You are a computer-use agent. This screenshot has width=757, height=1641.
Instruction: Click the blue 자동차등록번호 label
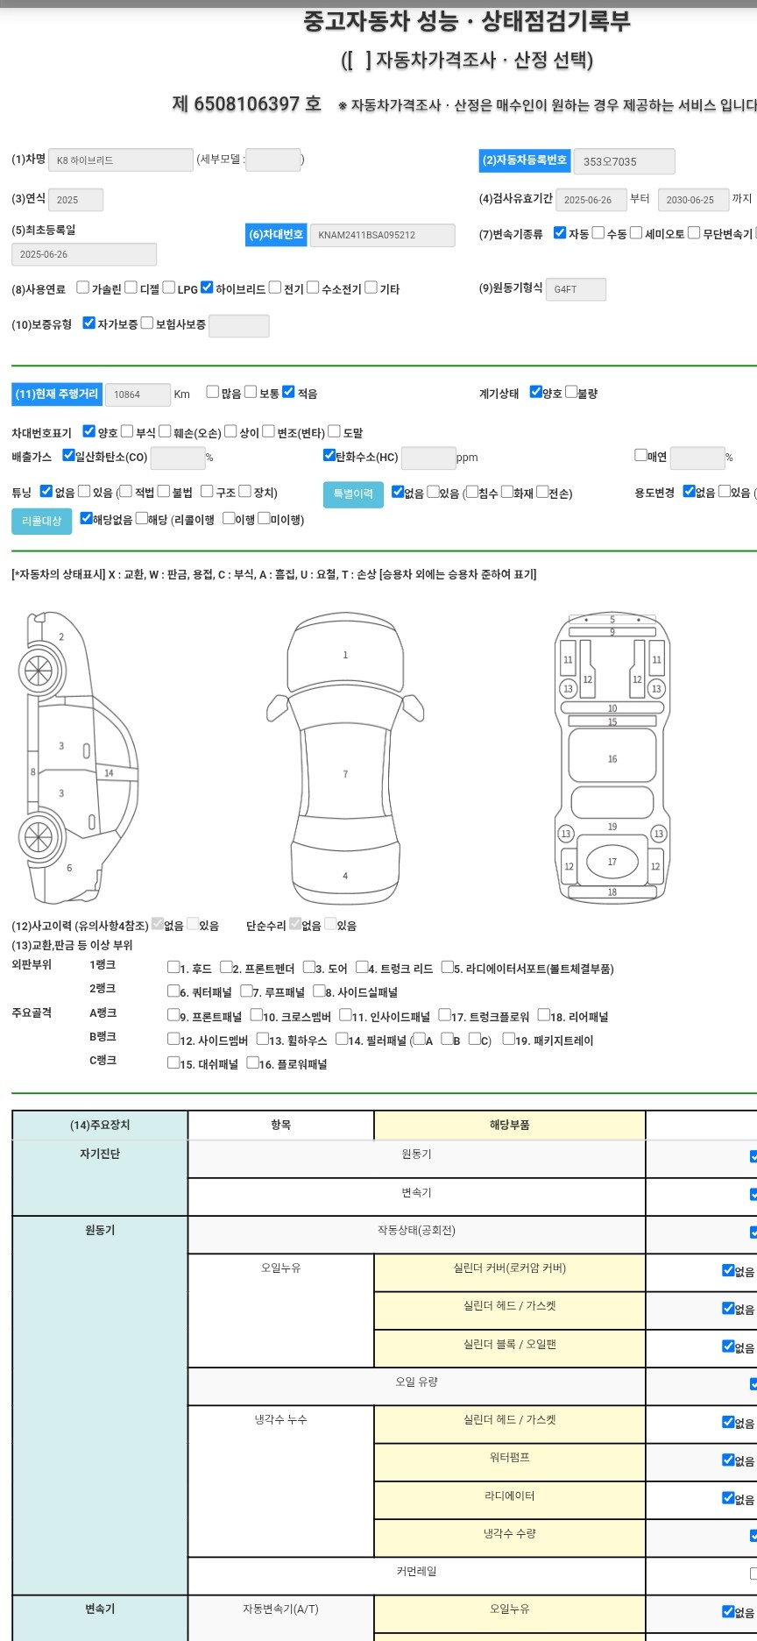click(x=526, y=160)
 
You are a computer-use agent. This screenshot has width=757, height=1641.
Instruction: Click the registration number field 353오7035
click(x=624, y=161)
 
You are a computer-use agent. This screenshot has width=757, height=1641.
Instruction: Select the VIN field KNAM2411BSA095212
click(x=382, y=235)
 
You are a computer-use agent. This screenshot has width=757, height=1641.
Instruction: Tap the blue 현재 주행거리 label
click(x=57, y=394)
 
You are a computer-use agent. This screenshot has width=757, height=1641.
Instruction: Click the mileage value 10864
click(x=138, y=394)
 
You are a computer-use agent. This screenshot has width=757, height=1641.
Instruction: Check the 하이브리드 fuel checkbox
click(x=207, y=287)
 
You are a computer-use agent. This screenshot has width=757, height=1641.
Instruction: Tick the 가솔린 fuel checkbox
click(x=82, y=287)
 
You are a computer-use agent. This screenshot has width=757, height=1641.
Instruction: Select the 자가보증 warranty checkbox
click(x=88, y=323)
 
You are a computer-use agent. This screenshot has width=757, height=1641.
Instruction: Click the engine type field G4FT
click(x=576, y=289)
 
